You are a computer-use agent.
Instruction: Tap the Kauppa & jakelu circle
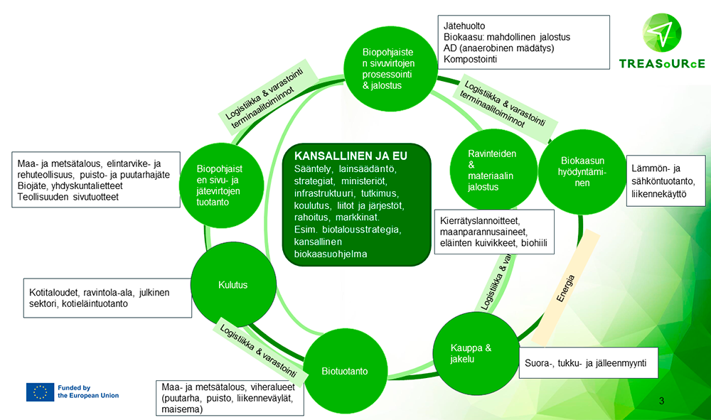tap(471, 353)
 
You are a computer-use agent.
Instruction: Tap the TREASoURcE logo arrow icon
tap(661, 31)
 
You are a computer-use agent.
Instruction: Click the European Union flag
tap(40, 392)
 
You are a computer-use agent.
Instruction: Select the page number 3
tap(662, 403)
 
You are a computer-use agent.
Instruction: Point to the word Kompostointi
tap(470, 59)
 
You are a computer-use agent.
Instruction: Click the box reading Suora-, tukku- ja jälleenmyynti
tap(585, 363)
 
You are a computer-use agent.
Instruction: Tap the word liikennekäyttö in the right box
tap(658, 192)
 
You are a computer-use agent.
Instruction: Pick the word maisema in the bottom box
tap(182, 409)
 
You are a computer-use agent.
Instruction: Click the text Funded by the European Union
tap(88, 392)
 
